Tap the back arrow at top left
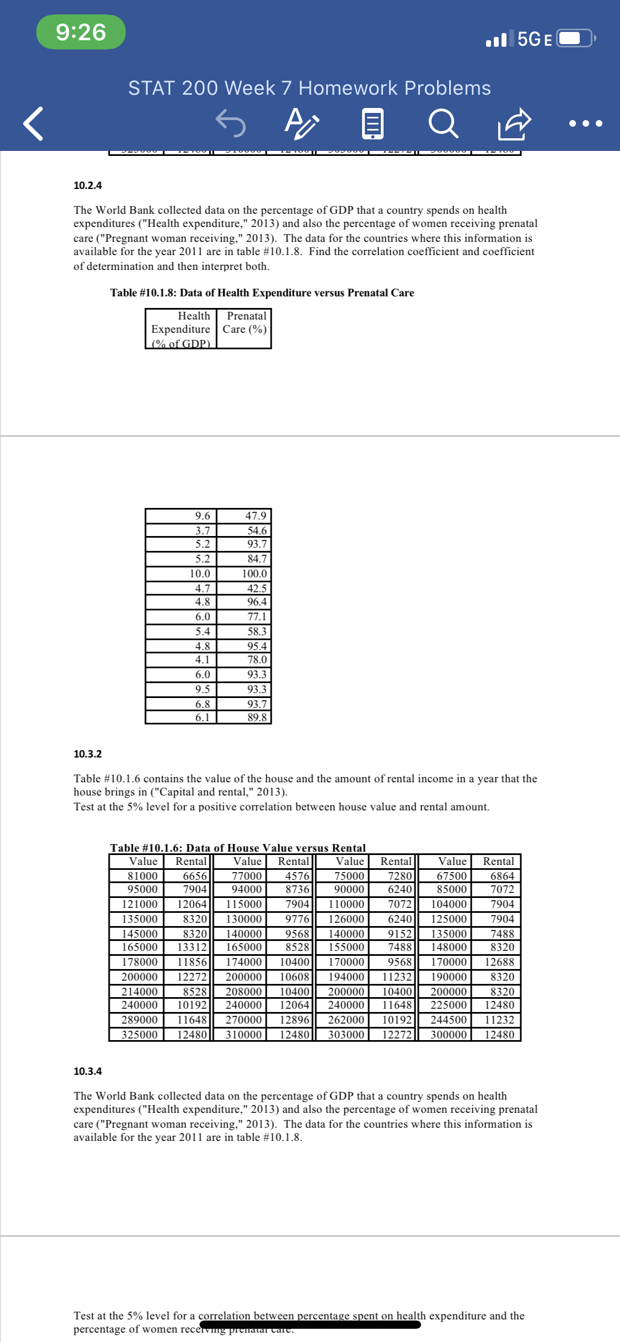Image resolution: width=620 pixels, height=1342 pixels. tap(33, 123)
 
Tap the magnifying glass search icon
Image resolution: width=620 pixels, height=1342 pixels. tap(443, 123)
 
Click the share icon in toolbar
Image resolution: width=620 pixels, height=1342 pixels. tap(514, 123)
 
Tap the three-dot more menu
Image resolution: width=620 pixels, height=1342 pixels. tap(585, 123)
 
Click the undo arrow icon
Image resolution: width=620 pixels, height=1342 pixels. tap(230, 122)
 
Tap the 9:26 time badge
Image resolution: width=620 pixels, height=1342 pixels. tap(81, 32)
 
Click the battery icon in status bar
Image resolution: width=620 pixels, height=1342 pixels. tap(575, 39)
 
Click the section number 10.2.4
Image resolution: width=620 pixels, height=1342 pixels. tap(88, 185)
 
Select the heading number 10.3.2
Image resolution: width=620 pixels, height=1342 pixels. tap(88, 754)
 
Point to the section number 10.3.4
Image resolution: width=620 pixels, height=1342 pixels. tap(88, 1071)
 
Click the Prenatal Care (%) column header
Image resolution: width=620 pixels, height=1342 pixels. tap(245, 323)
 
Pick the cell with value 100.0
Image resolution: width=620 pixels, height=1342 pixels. tap(254, 573)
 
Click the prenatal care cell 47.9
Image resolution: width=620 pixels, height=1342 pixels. tap(255, 516)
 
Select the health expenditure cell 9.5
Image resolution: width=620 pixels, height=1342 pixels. tap(202, 689)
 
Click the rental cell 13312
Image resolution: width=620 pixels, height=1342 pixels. tap(191, 947)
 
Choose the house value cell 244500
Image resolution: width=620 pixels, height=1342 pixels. tap(448, 1020)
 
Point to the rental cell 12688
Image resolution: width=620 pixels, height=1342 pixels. tap(499, 962)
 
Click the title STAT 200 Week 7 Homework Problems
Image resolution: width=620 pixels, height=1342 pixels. tap(309, 88)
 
